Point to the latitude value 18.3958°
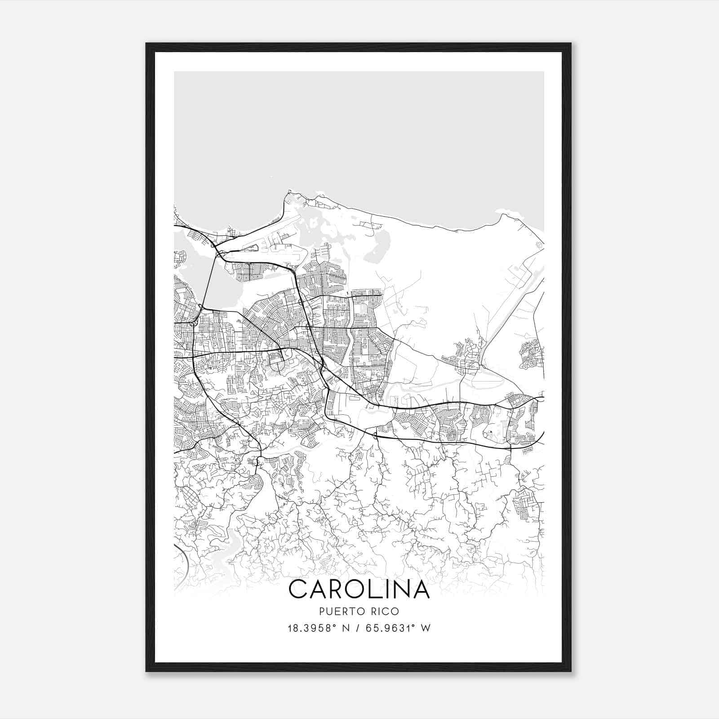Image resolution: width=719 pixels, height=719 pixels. coord(312,628)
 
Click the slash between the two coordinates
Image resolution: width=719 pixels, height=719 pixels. coord(357,628)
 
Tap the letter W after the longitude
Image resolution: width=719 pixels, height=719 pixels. coord(426,628)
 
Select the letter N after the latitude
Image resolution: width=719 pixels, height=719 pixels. coord(345,628)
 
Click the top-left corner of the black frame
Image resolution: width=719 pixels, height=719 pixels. coord(146,44)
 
